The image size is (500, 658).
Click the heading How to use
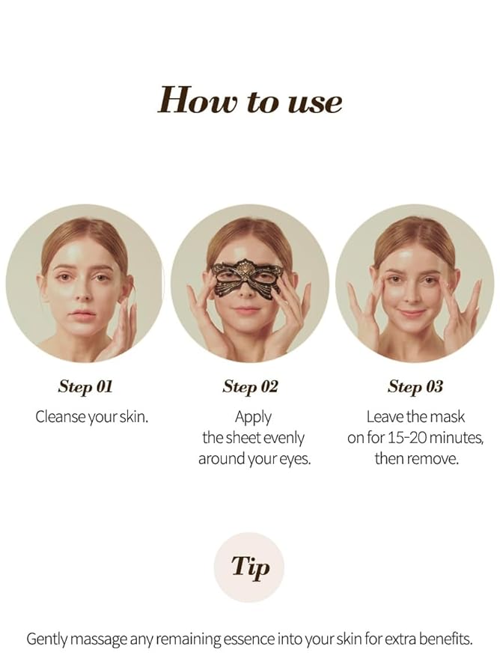coord(250,100)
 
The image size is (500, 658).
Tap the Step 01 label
coord(85,386)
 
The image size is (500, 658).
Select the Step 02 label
coord(250,386)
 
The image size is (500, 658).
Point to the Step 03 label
coord(415,386)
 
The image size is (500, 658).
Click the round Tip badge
coord(249,567)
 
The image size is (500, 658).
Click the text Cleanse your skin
coord(92,417)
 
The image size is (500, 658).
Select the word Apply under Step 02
coord(253,417)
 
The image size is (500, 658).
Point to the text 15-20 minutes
coord(440,438)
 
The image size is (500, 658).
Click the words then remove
coord(415,458)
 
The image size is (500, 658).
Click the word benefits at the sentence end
coord(446,639)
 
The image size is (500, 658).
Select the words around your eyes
coord(254,458)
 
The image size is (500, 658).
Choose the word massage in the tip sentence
coord(101,639)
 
